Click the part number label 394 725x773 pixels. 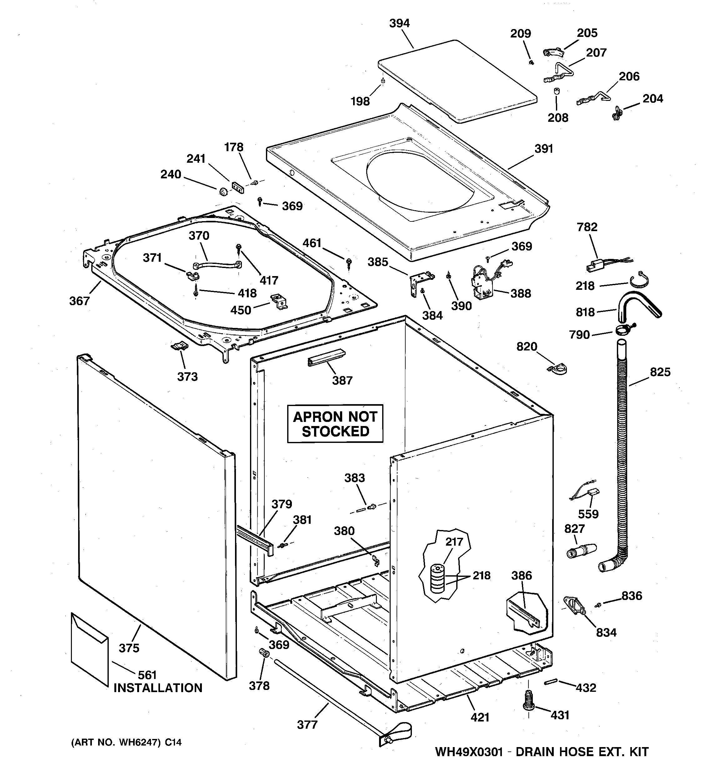399,23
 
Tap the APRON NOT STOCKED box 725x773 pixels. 335,424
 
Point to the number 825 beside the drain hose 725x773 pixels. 660,372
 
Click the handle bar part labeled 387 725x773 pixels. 326,357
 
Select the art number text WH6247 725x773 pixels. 138,742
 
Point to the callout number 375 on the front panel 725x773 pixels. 129,648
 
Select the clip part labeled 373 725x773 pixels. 180,346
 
